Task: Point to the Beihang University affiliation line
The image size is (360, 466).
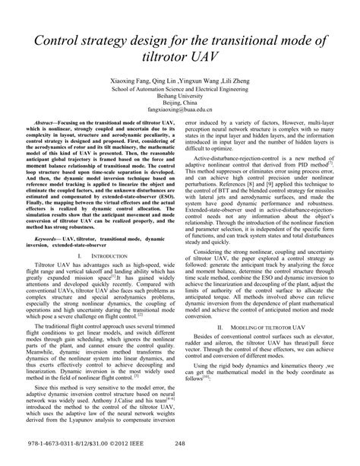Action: click(179, 96)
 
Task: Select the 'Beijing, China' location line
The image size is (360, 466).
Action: click(179, 103)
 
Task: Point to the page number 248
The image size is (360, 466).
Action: click(180, 447)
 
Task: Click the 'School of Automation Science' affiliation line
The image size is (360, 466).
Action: click(179, 88)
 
